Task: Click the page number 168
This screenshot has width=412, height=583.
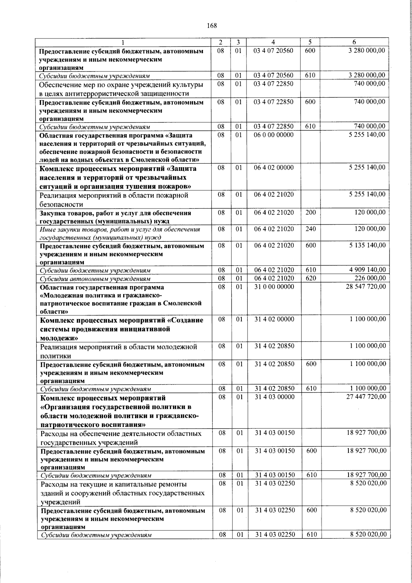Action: [x=212, y=25]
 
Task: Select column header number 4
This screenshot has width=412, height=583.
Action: [x=273, y=42]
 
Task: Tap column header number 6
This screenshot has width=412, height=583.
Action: [x=354, y=42]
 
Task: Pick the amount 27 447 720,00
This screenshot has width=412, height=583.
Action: [x=366, y=397]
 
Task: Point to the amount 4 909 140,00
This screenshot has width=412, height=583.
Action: [x=367, y=270]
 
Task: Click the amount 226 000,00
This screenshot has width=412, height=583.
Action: [x=370, y=278]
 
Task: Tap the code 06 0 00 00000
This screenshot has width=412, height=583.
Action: [x=274, y=135]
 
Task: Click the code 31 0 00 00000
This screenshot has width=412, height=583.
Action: [x=274, y=287]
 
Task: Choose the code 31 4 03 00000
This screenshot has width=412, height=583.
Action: [x=274, y=397]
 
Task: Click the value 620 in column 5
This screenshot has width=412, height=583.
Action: [x=311, y=278]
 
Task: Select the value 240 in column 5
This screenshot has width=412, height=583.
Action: [x=310, y=229]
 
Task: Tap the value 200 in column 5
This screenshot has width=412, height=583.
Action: [x=310, y=212]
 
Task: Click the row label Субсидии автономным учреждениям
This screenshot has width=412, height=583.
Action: [x=95, y=279]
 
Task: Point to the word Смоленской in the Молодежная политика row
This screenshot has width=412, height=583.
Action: [x=182, y=303]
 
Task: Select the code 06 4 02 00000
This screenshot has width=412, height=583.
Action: [x=274, y=168]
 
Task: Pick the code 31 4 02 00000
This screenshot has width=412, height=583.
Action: [x=274, y=319]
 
